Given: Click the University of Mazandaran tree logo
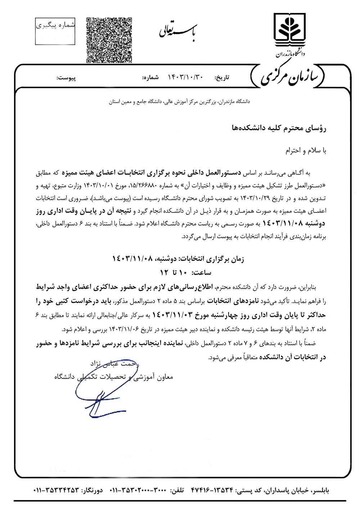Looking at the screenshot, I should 289,28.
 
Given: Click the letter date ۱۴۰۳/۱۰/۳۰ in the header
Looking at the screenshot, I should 186,77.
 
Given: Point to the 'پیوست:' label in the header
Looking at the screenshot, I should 67,77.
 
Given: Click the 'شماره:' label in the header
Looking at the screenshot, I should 150,77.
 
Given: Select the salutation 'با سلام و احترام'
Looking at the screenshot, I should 306,150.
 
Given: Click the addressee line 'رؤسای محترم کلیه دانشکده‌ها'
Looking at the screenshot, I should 278,128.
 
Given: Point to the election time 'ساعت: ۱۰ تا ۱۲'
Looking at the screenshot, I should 186,272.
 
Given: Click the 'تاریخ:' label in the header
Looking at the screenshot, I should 222,77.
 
